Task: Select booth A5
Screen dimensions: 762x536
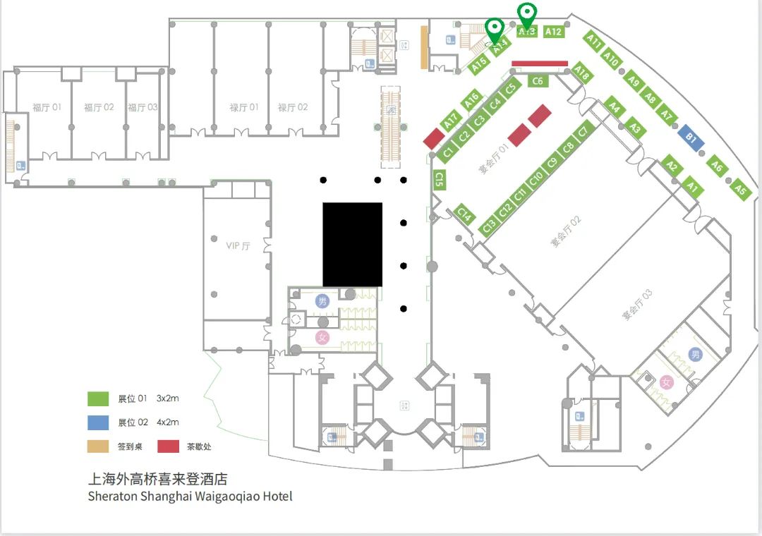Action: coord(740,188)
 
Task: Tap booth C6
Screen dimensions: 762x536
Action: coord(538,81)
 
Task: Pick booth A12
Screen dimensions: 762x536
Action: coord(554,31)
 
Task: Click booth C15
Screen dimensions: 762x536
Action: coord(440,180)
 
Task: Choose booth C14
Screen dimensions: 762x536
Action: coord(464,214)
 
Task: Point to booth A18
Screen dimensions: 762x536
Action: coord(581,72)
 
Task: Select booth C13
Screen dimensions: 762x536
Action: coord(489,226)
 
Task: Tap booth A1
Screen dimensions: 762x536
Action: coord(692,188)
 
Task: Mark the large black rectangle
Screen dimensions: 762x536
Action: coord(353,244)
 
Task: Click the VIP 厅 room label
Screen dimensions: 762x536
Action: coord(238,246)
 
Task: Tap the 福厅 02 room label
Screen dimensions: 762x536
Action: coord(99,108)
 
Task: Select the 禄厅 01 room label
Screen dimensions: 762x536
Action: coord(244,108)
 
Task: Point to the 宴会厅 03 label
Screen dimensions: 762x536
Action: coord(637,305)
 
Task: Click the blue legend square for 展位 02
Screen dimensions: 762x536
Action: coord(98,422)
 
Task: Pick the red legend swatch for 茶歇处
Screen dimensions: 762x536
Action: coord(169,446)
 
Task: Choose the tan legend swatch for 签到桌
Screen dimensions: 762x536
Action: coord(98,446)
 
